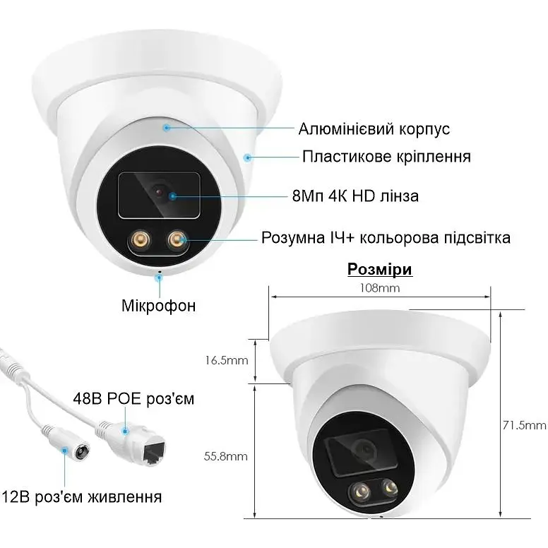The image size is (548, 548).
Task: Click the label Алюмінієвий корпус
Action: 374,129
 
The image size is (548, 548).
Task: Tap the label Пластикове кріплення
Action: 386,157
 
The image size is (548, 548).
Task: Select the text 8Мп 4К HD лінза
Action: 355,196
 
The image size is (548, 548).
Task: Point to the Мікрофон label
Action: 158,306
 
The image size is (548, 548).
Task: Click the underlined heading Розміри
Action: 380,270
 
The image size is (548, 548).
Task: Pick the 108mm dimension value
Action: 379,288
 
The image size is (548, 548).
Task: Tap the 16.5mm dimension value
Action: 227,360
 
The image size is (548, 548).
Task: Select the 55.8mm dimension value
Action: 226,456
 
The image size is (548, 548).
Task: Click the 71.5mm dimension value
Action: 524,425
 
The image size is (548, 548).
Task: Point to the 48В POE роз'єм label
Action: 133,399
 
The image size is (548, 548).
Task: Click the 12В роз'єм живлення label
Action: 82,496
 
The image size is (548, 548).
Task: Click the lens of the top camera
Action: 159,192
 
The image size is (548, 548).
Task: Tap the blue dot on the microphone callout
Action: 160,278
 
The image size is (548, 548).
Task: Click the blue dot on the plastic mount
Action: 248,157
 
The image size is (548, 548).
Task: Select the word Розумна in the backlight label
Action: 293,238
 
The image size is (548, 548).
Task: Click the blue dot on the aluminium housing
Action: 167,128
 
